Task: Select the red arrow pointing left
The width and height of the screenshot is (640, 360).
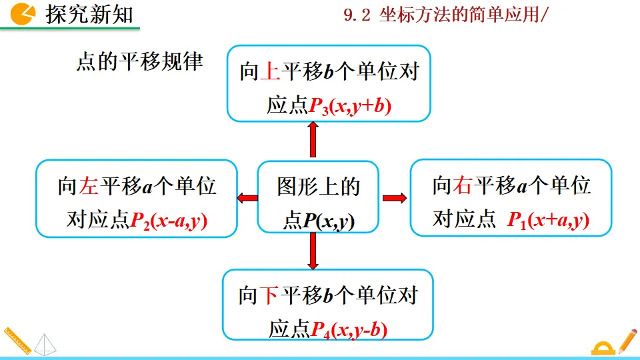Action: [247, 197]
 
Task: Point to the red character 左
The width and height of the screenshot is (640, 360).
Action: [89, 186]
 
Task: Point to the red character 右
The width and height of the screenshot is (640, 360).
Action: [462, 185]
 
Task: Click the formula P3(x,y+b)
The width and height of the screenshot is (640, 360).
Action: [350, 105]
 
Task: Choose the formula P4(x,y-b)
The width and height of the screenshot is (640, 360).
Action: [349, 328]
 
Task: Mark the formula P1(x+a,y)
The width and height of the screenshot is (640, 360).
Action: [548, 220]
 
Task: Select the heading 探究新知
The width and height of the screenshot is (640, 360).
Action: [89, 14]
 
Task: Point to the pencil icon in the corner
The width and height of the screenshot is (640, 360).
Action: [627, 340]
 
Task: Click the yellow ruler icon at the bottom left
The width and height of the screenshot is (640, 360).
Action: [16, 340]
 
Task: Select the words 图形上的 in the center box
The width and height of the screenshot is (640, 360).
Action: [318, 187]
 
